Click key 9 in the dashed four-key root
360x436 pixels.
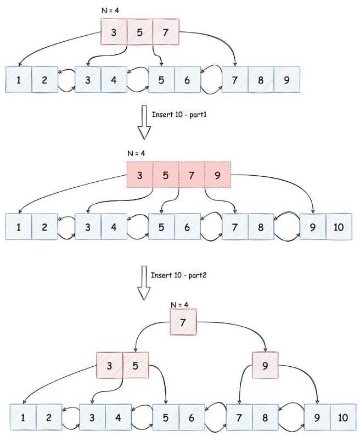(x=218, y=175)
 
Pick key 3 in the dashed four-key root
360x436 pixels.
(x=139, y=175)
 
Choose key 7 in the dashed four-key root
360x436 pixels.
(x=192, y=175)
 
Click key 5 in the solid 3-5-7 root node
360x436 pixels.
(x=140, y=32)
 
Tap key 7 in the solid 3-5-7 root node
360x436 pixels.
(x=166, y=32)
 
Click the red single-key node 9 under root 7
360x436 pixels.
(x=265, y=364)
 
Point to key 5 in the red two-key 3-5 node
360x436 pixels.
(x=135, y=364)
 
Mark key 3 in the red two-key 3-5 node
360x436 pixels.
(x=109, y=364)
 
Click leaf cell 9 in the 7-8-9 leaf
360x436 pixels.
(x=286, y=80)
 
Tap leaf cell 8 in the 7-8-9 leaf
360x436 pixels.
(x=261, y=80)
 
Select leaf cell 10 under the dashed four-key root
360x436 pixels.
(x=339, y=226)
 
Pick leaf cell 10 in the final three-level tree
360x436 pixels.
(x=343, y=417)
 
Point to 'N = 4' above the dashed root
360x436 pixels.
(x=136, y=154)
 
